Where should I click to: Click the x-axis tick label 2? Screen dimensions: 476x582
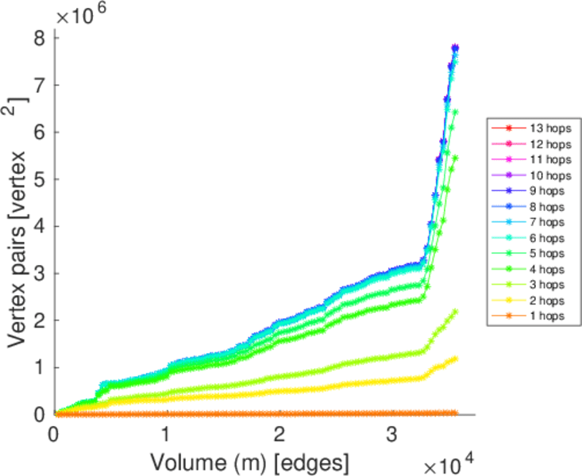279,434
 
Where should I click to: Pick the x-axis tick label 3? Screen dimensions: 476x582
392,434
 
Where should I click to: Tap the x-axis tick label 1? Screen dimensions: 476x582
167,434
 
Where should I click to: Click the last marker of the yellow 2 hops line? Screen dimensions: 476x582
455,359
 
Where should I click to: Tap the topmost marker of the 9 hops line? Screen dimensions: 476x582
456,48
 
